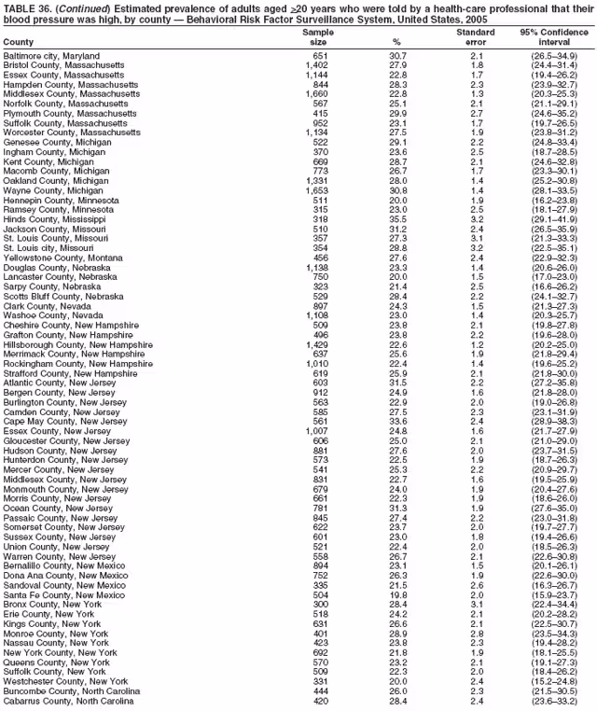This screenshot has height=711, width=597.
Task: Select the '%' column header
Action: (x=397, y=41)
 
